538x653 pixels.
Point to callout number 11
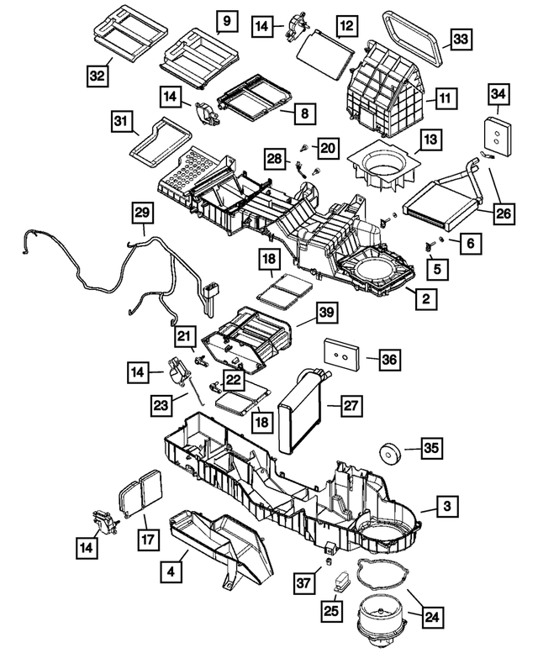[x=446, y=100]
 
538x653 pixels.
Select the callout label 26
[x=503, y=213]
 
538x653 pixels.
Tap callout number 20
[x=326, y=149]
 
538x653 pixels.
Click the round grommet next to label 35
[x=390, y=451]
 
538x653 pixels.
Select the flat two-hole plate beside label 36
[x=343, y=355]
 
